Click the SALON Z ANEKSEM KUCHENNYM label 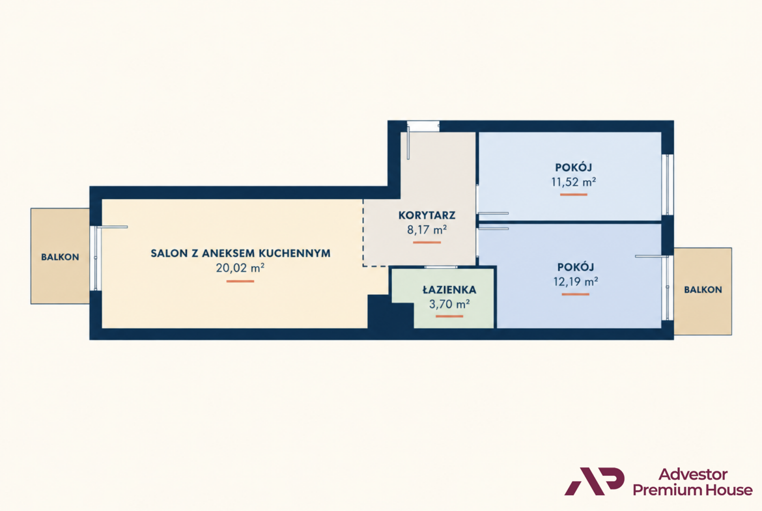(x=240, y=253)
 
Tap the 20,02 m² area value (x=240, y=268)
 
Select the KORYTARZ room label (x=427, y=215)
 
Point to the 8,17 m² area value (x=427, y=230)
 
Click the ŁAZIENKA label (x=449, y=290)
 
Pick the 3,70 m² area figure (x=449, y=305)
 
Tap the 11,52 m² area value (x=573, y=182)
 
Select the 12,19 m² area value (x=575, y=282)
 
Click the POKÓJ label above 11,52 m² (x=573, y=167)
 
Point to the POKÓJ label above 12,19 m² (x=575, y=267)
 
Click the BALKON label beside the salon (x=60, y=257)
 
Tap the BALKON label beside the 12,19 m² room (x=703, y=290)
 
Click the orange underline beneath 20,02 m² (x=240, y=281)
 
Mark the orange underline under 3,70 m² (x=449, y=317)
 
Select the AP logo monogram (x=594, y=481)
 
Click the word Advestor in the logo (x=693, y=474)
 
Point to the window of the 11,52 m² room (x=668, y=185)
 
